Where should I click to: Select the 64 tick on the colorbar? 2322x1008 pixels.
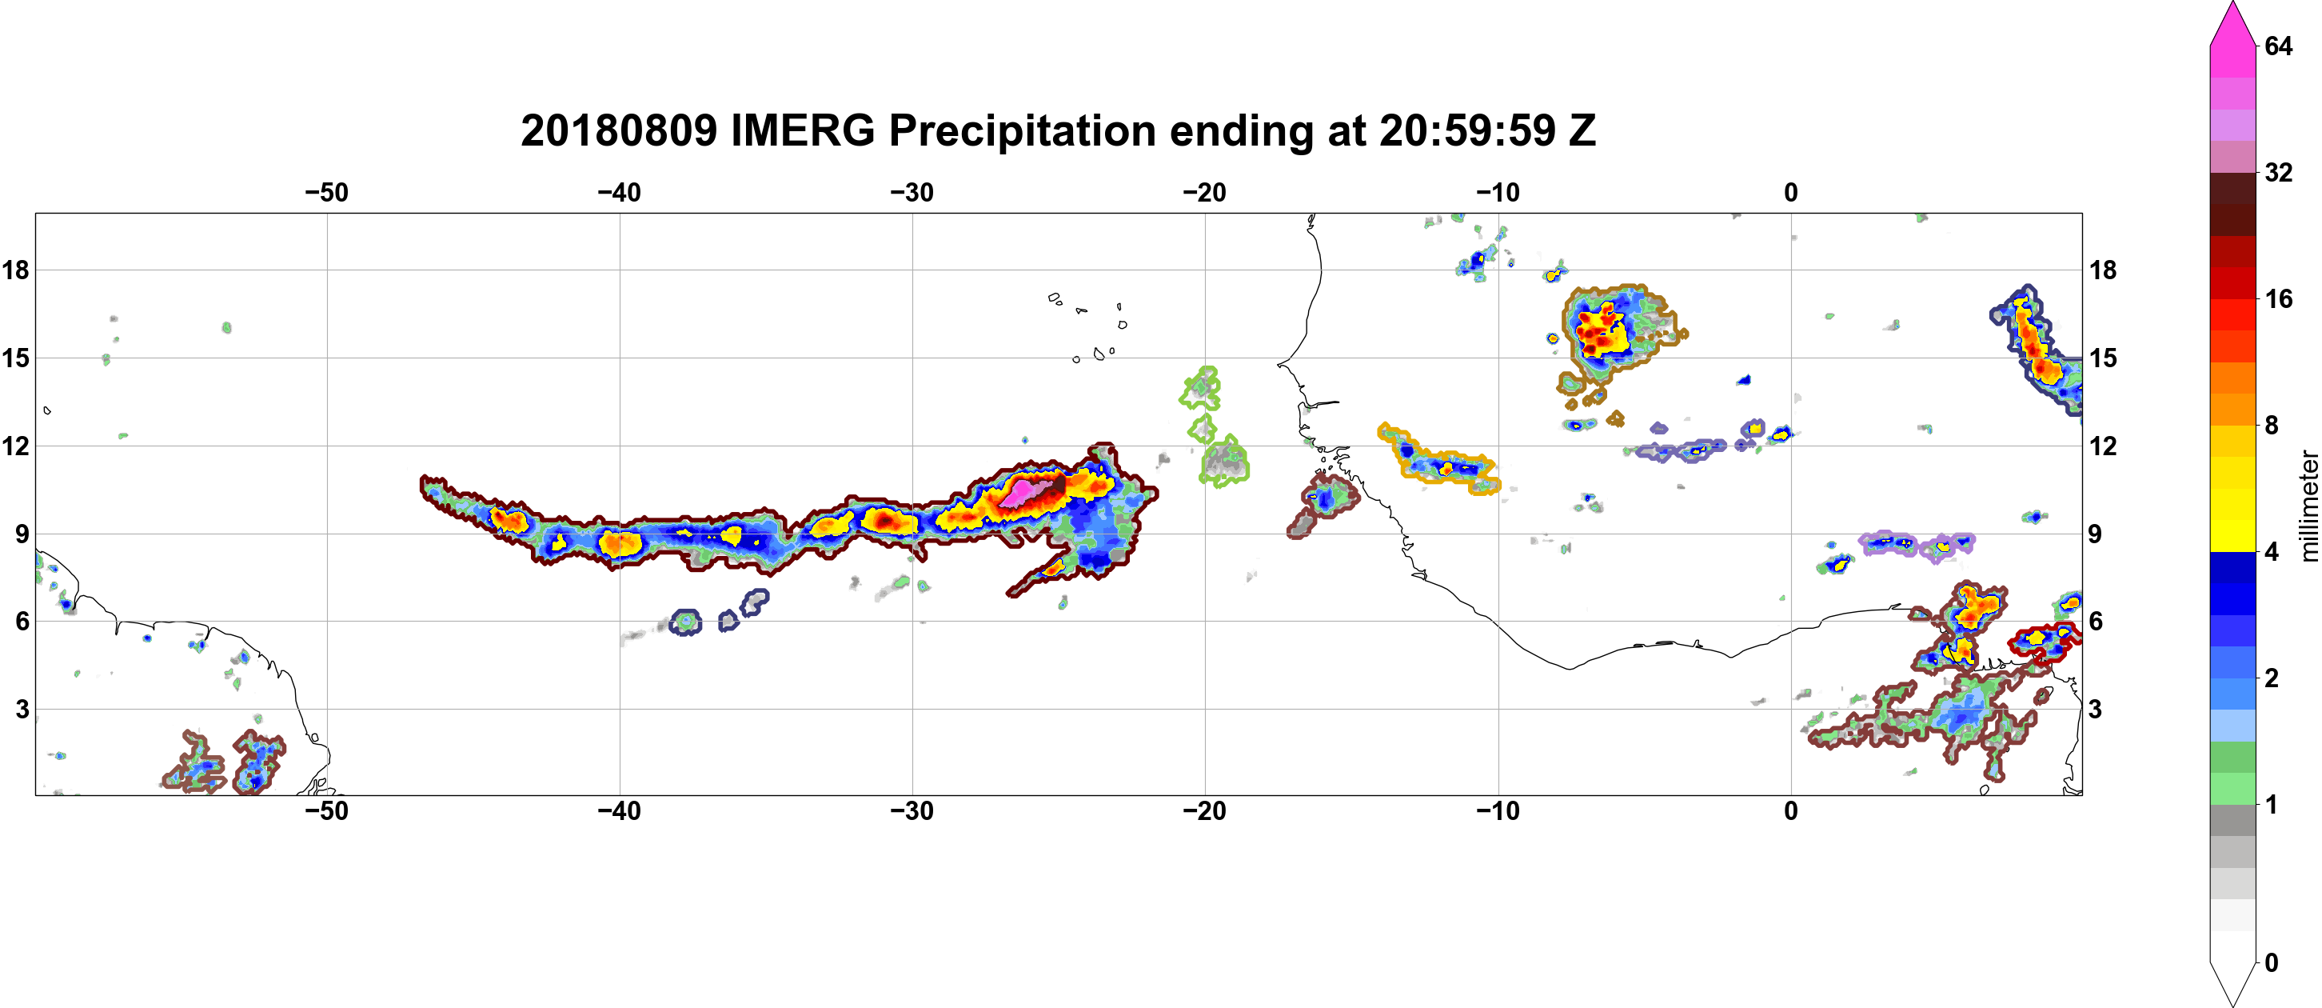tap(2278, 46)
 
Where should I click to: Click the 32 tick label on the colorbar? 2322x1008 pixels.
tap(2278, 172)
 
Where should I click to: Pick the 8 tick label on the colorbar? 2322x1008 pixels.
tap(2272, 425)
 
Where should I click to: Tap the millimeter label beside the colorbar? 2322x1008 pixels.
tap(2308, 506)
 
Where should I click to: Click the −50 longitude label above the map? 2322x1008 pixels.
tap(326, 193)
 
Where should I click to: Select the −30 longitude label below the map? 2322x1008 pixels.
tap(912, 811)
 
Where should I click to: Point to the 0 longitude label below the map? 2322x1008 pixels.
tap(1791, 811)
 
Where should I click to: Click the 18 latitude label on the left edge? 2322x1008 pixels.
tap(15, 270)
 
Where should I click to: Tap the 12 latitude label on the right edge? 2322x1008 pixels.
tap(2103, 446)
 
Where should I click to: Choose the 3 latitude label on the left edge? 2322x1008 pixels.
tap(22, 709)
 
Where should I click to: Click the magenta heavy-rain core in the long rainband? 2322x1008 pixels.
tap(1026, 492)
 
